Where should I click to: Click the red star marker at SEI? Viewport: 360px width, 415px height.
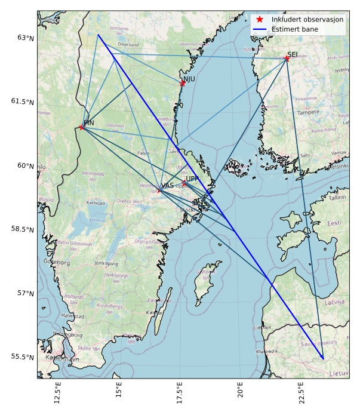[x=287, y=59]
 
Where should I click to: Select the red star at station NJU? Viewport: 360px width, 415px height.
[x=182, y=83]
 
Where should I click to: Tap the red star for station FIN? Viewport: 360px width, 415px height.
[x=82, y=127]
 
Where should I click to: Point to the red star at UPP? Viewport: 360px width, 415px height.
[x=184, y=183]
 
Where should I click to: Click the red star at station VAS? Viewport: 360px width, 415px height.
[x=159, y=190]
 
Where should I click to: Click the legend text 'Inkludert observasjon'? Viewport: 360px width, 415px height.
[x=307, y=20]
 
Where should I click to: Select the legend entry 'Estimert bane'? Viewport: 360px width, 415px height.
[x=294, y=29]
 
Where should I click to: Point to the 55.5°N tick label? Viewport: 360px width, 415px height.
[x=23, y=357]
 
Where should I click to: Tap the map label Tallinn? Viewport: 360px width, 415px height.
[x=337, y=197]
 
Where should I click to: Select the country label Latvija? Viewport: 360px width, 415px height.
[x=334, y=302]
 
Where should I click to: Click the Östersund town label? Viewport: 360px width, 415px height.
[x=128, y=44]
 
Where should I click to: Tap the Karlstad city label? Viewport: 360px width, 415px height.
[x=96, y=203]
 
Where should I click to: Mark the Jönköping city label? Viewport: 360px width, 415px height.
[x=106, y=263]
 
